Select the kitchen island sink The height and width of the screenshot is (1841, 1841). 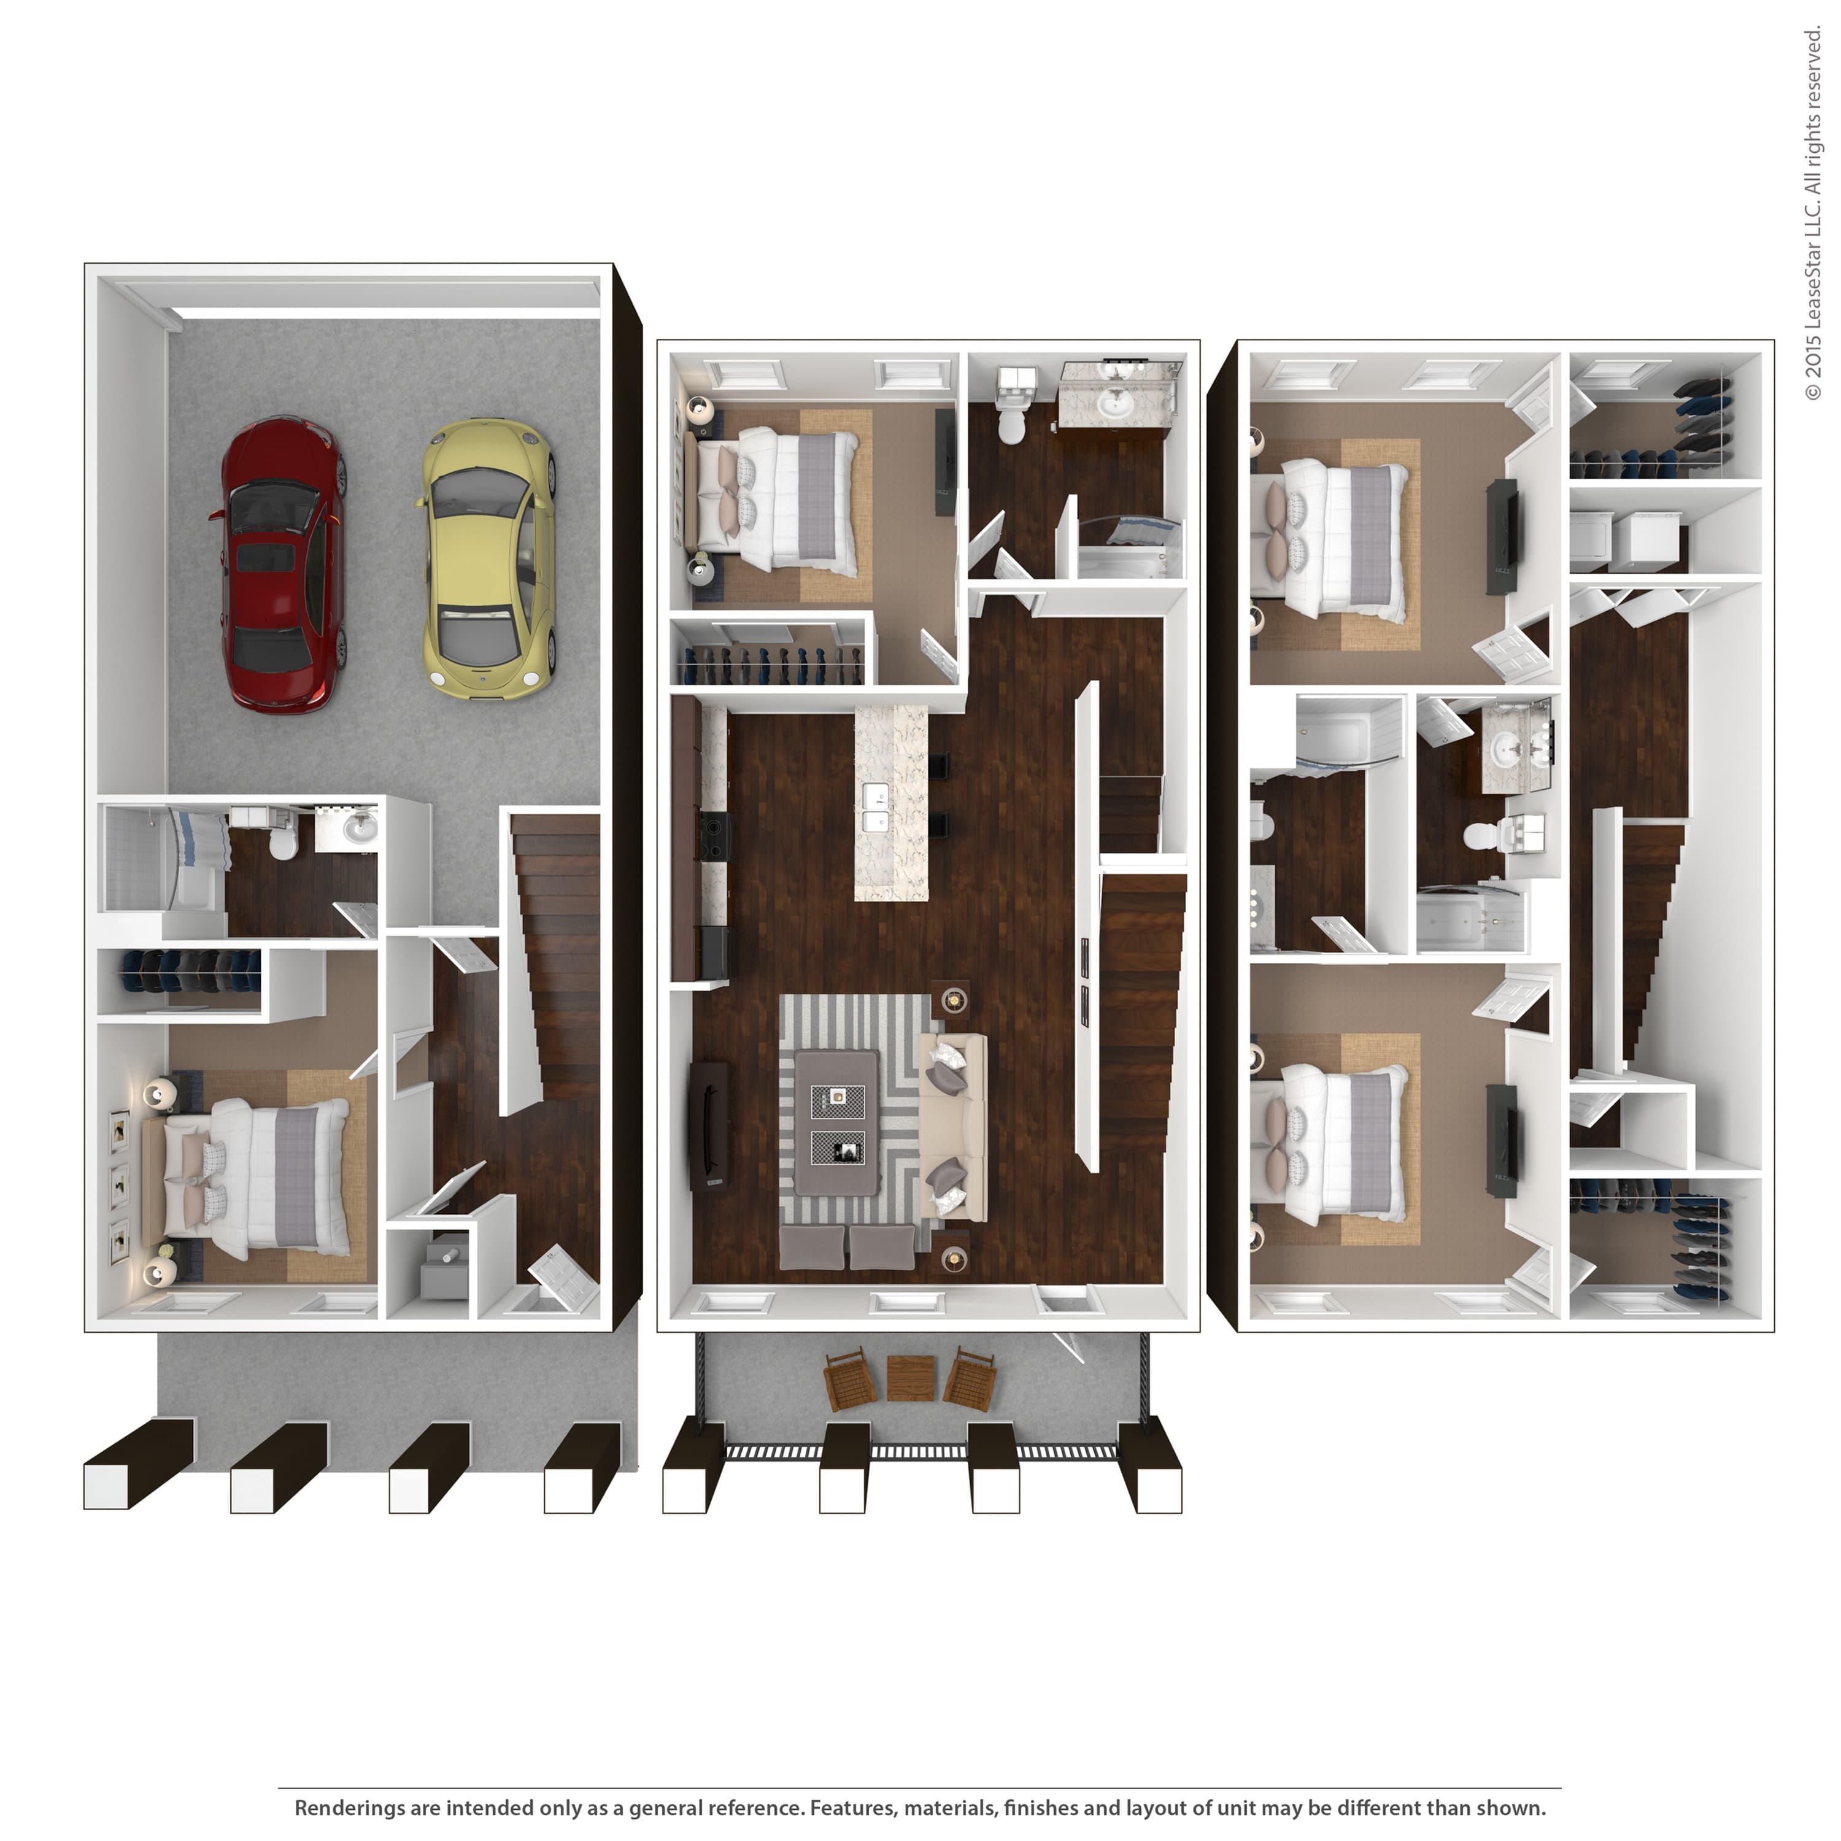[x=876, y=808]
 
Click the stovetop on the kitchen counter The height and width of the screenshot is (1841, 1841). [x=714, y=836]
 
